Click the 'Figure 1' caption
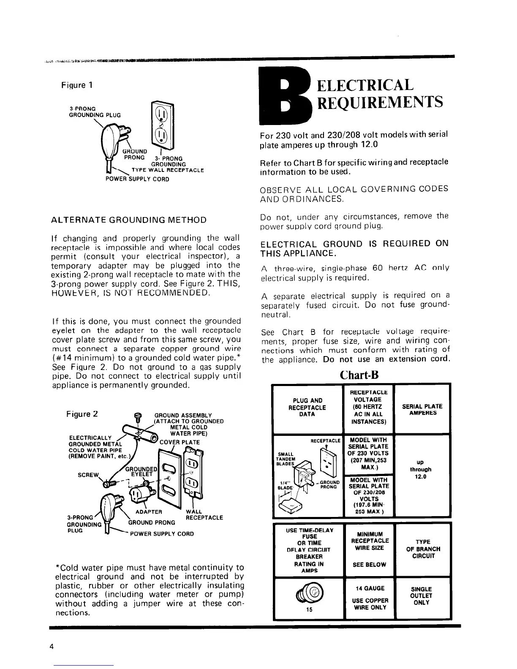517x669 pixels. (77, 85)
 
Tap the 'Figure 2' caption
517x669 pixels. (82, 414)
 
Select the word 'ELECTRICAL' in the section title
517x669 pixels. (365, 85)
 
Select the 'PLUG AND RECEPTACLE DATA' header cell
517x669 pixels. (307, 408)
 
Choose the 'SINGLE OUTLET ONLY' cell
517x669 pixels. (421, 596)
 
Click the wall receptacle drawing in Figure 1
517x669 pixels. (163, 127)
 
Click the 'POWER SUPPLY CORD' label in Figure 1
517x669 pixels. (137, 179)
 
